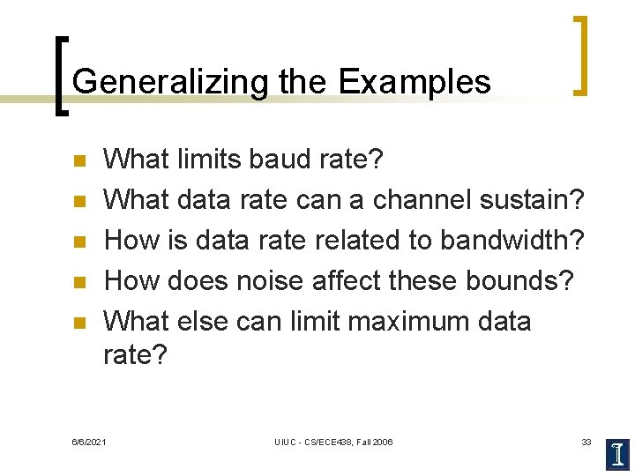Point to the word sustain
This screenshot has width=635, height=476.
[x=532, y=200]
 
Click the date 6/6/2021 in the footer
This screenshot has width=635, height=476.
[x=89, y=442]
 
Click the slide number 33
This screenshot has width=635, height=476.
[x=586, y=442]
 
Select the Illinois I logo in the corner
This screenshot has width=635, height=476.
[x=617, y=453]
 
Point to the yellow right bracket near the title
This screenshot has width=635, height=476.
[x=580, y=55]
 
